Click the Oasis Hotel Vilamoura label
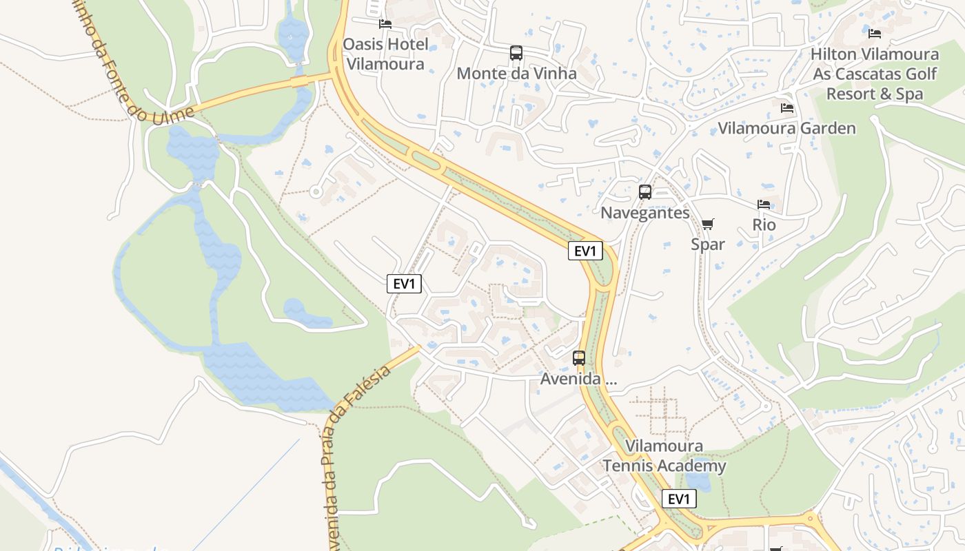385,54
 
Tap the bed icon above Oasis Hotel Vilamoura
385,24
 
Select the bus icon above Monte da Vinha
516,52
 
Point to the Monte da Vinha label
516,73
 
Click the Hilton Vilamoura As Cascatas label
875,74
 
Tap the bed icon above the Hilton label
875,33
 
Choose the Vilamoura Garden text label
786,128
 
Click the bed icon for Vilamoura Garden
786,108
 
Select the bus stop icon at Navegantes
645,192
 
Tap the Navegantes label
644,213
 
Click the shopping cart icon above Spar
707,224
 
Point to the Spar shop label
708,245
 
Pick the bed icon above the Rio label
764,205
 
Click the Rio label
764,225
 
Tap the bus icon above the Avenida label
579,358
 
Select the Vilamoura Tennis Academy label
664,456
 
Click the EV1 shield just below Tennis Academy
678,499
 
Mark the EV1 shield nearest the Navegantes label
585,251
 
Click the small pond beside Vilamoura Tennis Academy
698,482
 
